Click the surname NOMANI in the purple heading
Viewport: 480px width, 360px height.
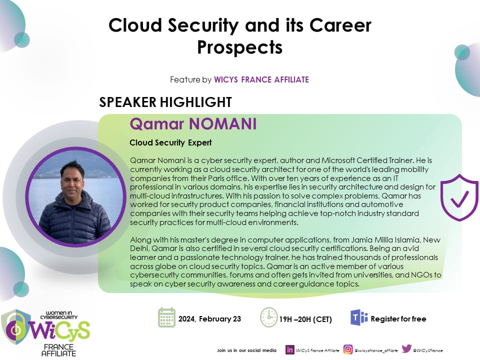[x=222, y=124]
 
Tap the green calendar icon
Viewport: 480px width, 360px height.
[x=167, y=317]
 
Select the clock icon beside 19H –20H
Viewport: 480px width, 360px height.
[x=269, y=317]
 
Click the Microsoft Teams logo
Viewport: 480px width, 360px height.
[x=359, y=317]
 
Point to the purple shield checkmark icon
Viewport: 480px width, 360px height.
[x=459, y=197]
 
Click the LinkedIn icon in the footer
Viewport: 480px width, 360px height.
[x=289, y=349]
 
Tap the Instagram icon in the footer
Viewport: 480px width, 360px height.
[x=348, y=349]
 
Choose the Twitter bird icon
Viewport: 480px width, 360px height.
[x=406, y=348]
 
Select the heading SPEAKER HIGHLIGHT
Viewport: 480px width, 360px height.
[x=165, y=102]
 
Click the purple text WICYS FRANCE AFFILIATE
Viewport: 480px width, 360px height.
[x=261, y=79]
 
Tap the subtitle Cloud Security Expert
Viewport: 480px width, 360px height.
[x=170, y=142]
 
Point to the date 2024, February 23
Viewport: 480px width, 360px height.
[x=209, y=319]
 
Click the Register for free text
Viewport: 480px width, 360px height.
[x=398, y=319]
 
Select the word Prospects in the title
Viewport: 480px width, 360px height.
[x=239, y=47]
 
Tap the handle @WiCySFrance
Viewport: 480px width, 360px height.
[x=427, y=350]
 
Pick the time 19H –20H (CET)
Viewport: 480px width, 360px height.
[x=305, y=319]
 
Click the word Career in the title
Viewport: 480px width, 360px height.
[x=340, y=25]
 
